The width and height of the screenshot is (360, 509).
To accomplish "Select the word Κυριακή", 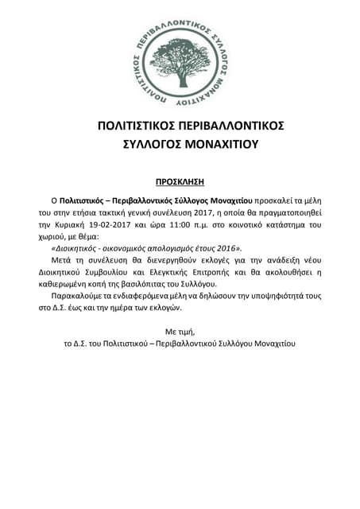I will pyautogui.click(x=90, y=225).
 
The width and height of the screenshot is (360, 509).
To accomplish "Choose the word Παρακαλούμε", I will pyautogui.click(x=77, y=295).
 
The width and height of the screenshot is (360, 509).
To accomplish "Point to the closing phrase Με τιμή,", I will pyautogui.click(x=180, y=330).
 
